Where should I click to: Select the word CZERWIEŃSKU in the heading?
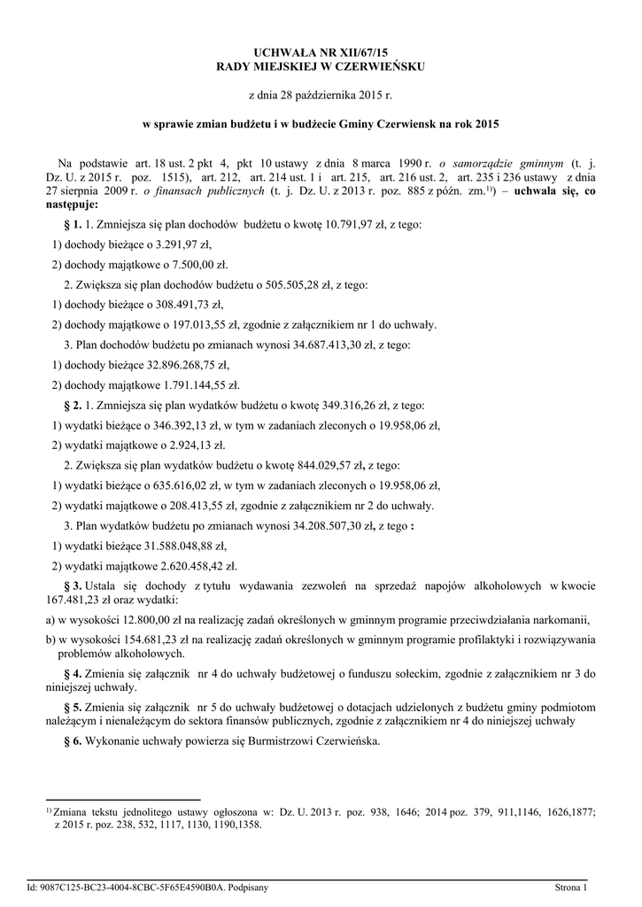click(x=383, y=67)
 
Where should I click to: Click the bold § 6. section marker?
click(x=74, y=740)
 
